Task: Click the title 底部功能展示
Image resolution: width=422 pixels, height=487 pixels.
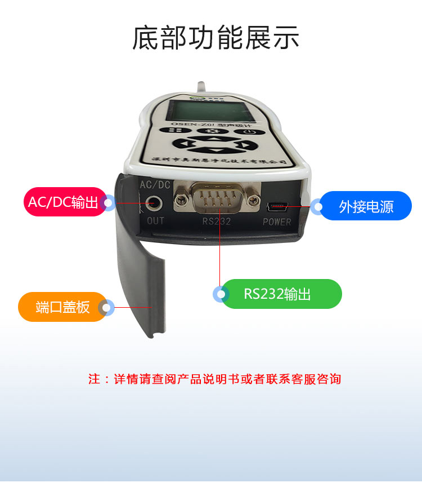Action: click(x=216, y=38)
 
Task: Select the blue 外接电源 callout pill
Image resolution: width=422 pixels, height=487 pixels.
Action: click(x=366, y=206)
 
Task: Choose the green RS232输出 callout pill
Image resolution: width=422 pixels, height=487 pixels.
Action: click(x=281, y=294)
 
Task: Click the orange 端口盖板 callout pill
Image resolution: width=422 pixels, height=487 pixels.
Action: click(x=62, y=307)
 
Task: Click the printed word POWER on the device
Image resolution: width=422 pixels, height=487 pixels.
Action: click(x=277, y=222)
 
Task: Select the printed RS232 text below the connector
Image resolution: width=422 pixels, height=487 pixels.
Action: click(x=217, y=222)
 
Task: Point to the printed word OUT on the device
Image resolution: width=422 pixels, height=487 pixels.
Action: click(x=155, y=220)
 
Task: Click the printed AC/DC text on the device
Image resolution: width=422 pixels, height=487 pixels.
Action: click(x=154, y=184)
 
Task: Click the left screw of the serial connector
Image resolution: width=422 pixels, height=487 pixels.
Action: click(x=181, y=199)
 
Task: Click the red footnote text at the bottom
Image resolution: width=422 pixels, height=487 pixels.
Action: click(x=214, y=379)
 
